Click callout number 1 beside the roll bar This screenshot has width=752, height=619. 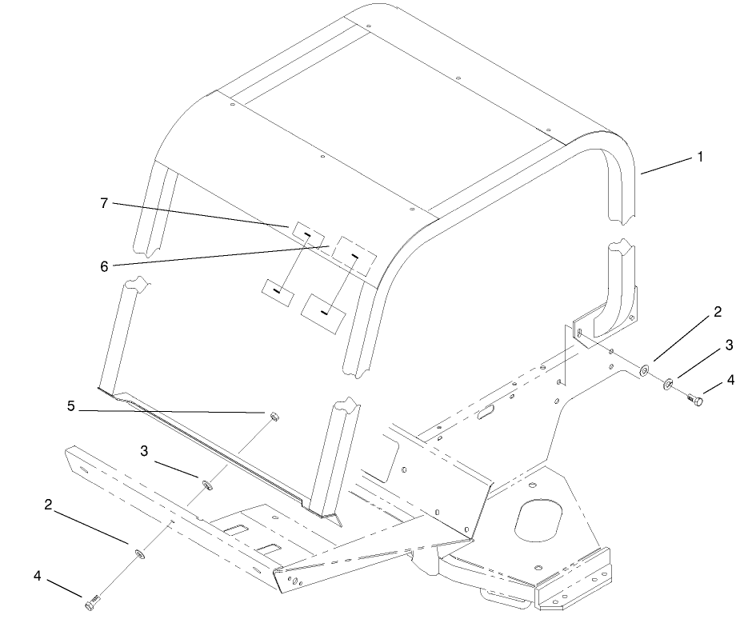[700, 157]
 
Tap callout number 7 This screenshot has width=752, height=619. [104, 203]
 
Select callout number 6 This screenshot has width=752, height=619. [104, 266]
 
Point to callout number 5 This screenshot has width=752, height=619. [71, 406]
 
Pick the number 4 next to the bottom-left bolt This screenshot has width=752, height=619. [38, 576]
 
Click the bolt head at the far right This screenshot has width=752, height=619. [695, 398]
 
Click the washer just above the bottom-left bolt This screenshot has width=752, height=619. [140, 554]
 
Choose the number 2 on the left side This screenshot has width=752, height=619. [48, 505]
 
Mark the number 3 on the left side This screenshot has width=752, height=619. [144, 451]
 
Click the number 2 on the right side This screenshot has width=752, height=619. [718, 312]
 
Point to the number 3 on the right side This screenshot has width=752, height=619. [729, 345]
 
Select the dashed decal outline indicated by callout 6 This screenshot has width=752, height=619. [355, 256]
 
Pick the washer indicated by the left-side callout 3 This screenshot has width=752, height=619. [208, 485]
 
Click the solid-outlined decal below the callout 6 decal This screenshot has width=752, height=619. [323, 313]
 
